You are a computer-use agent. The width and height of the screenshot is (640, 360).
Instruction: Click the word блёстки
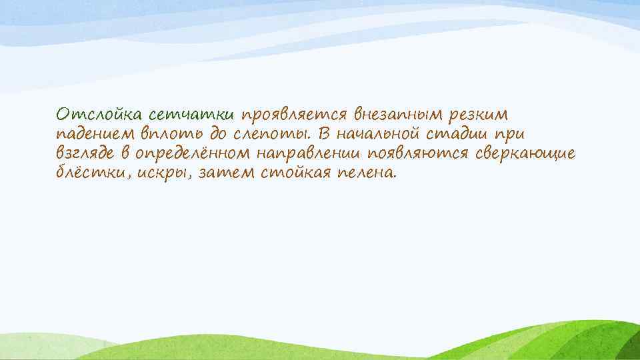click(85, 173)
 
